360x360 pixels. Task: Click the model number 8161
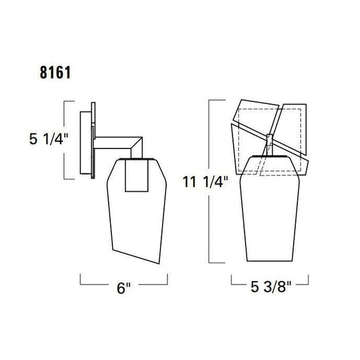55,72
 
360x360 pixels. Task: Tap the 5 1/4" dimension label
49,139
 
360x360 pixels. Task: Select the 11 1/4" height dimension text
205,182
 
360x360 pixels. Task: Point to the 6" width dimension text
124,288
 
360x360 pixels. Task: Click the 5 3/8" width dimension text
271,286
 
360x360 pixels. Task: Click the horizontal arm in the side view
113,143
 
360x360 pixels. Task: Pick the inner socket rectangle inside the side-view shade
136,175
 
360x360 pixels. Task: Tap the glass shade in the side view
137,211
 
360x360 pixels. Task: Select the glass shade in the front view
269,209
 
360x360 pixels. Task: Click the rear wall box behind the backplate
86,143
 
